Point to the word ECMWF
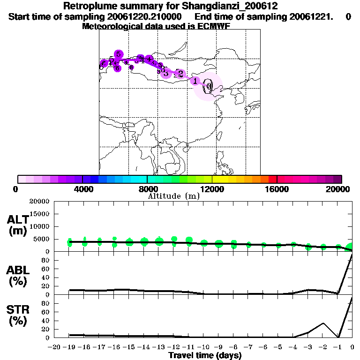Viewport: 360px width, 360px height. coord(215,26)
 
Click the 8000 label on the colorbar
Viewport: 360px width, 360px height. coord(147,189)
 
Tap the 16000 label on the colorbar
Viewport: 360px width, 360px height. coord(277,189)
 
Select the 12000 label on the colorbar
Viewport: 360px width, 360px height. coord(212,189)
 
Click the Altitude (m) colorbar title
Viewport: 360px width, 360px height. coord(173,196)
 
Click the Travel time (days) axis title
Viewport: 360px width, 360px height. coord(205,356)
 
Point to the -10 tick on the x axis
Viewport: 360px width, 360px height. coord(203,347)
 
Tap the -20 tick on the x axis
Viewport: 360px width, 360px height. coord(55,347)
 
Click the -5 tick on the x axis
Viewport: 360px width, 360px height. coord(278,347)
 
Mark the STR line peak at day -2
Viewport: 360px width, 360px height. coord(323,323)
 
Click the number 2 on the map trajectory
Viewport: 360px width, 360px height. coord(180,74)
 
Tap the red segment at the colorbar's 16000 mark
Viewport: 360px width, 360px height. coord(272,179)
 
